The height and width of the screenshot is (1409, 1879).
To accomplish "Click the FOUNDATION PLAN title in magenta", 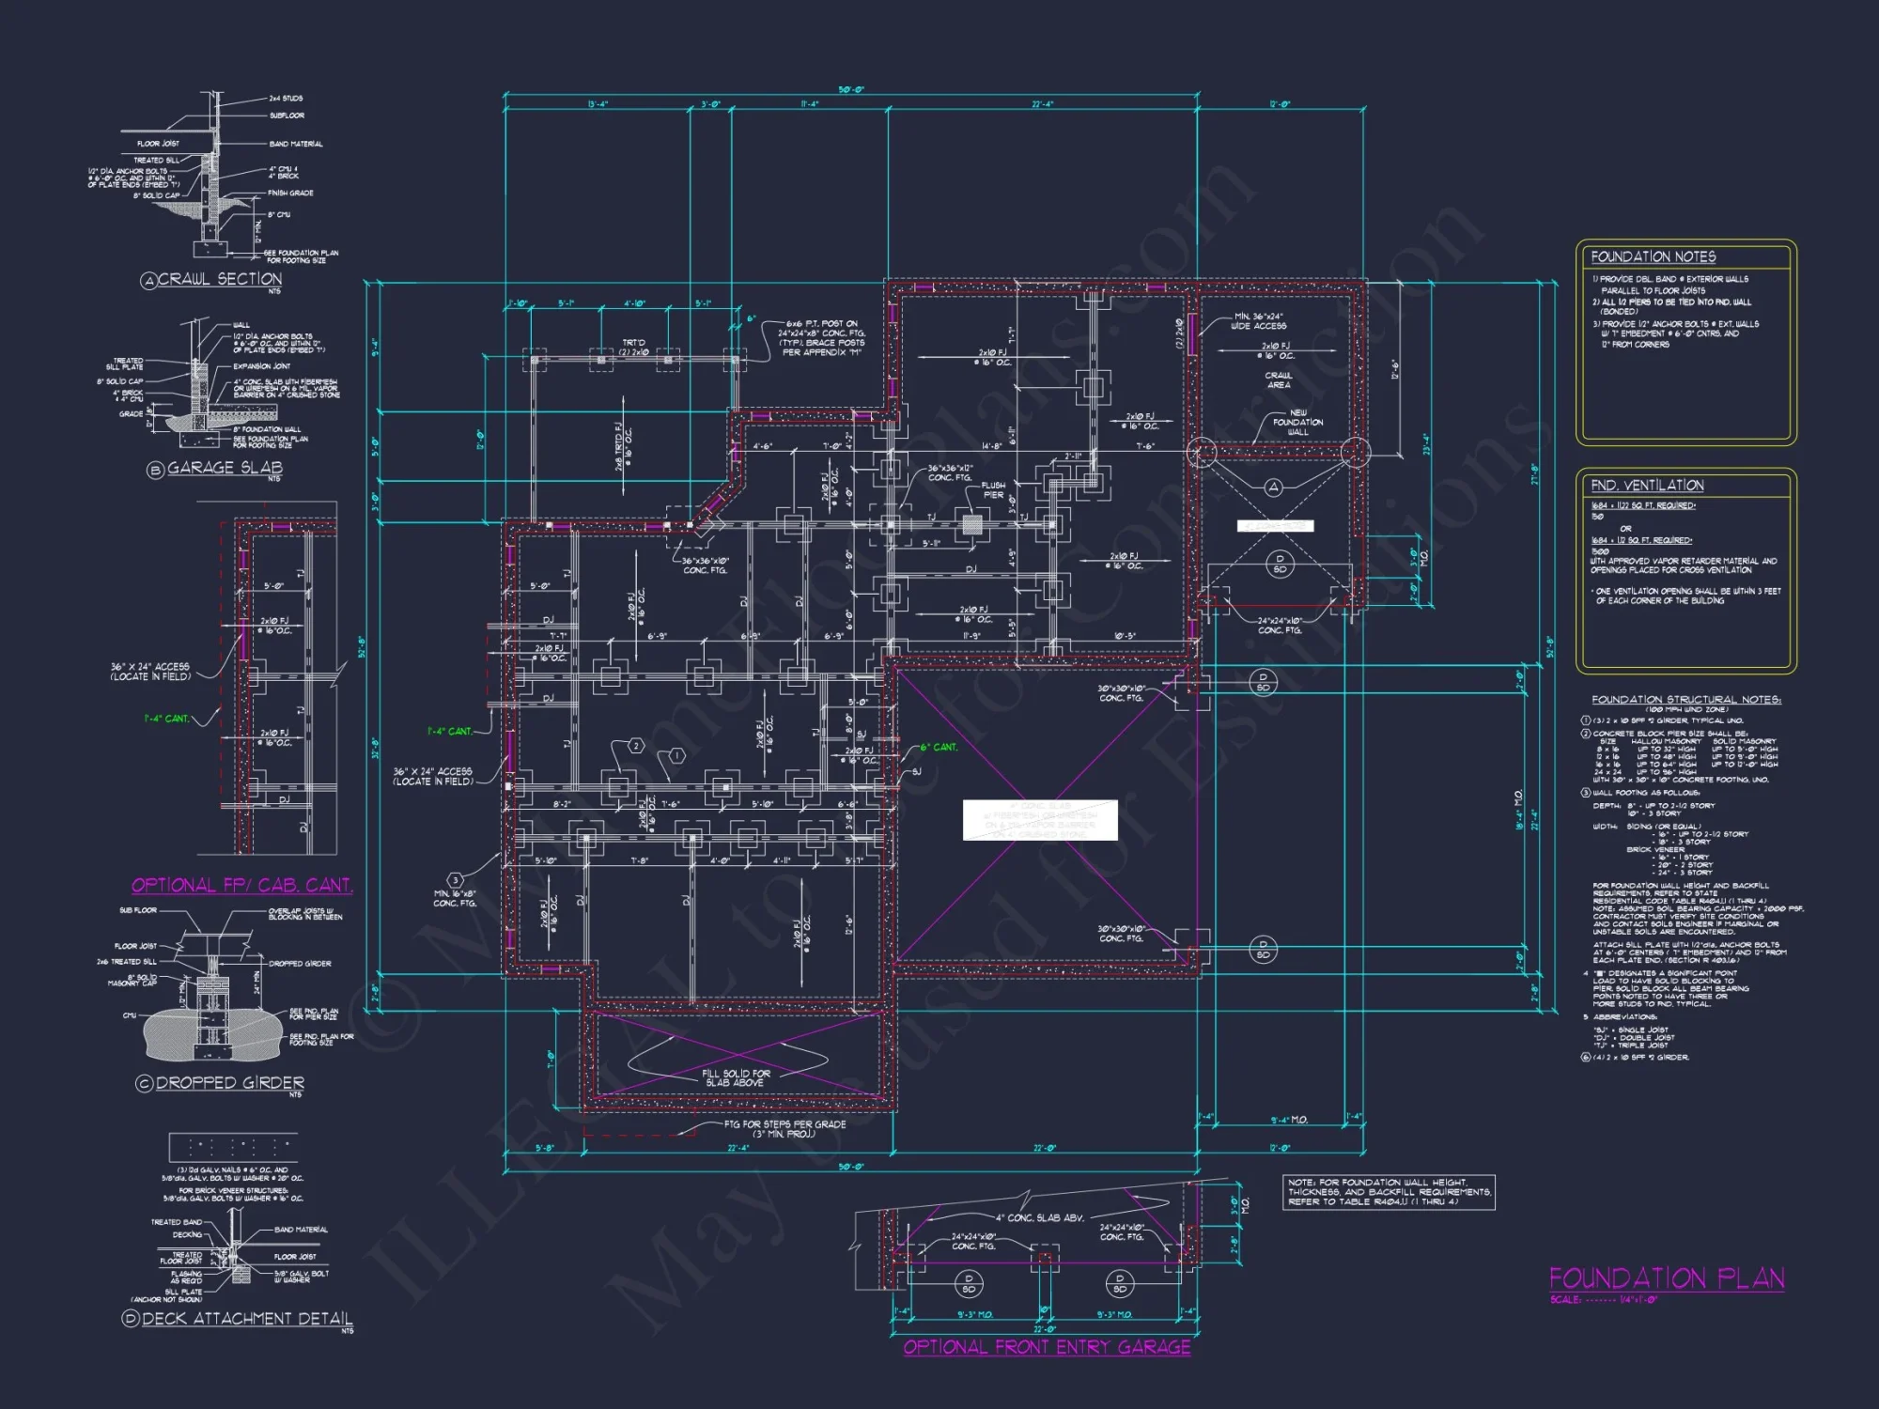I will pos(1666,1278).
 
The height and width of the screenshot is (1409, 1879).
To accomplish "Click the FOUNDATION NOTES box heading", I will pos(1653,256).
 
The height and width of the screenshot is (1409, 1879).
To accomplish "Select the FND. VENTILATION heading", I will pos(1647,486).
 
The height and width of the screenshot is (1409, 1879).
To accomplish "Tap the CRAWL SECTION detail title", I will pos(219,279).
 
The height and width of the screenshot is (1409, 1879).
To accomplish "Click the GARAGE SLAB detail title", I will pos(225,468).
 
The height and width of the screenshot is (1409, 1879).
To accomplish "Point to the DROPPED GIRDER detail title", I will pos(229,1083).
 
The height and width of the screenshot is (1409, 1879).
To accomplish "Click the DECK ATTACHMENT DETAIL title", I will pos(247,1319).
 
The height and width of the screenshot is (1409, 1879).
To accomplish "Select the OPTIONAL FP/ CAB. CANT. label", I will pos(241,885).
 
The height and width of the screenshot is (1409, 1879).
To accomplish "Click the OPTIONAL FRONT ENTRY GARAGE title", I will pos(1047,1347).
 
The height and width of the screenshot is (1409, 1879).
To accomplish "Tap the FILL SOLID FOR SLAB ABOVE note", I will pos(736,1077).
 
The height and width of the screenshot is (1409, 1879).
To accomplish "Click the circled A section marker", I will pos(1273,487).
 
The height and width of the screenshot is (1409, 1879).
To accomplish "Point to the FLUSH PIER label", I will pos(993,490).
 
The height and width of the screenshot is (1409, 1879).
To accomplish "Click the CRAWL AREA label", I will pos(1278,379).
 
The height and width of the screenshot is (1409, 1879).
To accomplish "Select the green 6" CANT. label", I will pos(938,748).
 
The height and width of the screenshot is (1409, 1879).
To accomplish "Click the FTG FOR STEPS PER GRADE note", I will pos(784,1128).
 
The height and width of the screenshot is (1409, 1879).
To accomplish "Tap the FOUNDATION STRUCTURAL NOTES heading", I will pos(1685,700).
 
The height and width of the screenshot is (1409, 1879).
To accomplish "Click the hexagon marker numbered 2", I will pos(636,746).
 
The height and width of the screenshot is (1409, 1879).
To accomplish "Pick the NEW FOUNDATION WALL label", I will pos(1297,422).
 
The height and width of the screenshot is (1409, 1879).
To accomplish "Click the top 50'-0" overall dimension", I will pos(850,90).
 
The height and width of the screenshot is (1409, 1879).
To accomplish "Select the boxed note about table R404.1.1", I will pos(1388,1192).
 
